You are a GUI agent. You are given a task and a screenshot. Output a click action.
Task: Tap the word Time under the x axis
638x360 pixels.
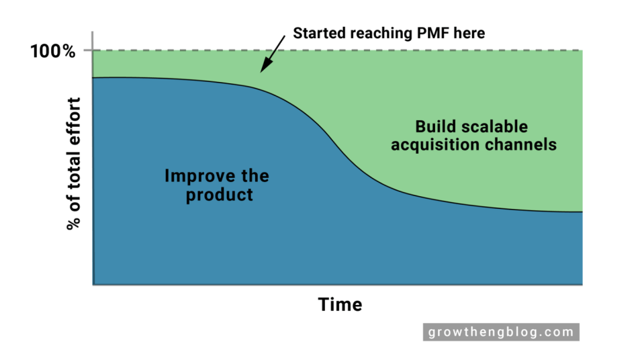340,304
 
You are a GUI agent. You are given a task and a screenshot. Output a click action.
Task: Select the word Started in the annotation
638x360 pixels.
318,33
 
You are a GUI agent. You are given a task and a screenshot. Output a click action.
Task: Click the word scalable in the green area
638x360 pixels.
496,126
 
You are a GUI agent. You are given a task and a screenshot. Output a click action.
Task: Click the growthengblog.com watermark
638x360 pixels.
500,332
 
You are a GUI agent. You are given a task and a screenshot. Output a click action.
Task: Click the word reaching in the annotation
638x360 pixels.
376,33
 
